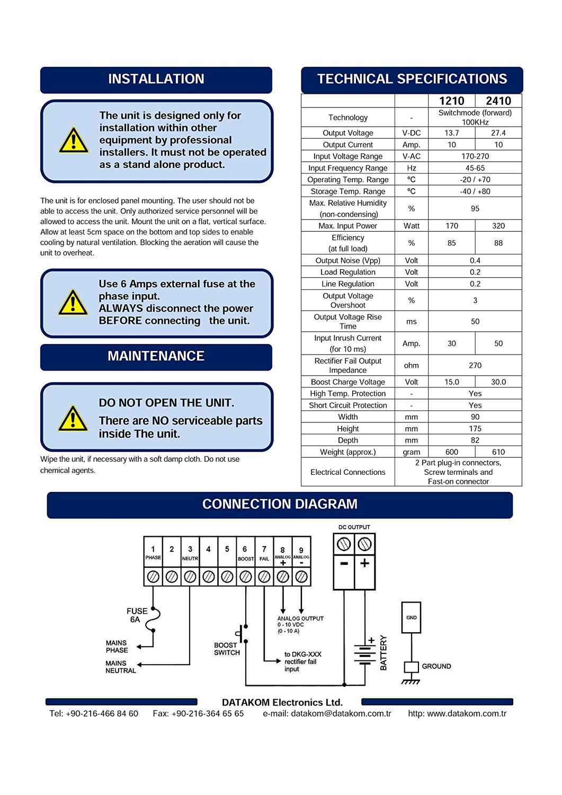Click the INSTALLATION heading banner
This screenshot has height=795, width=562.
point(156,79)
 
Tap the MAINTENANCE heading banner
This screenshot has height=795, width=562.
point(156,356)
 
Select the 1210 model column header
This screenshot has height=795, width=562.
point(451,101)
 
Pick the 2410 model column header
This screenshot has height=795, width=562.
point(498,101)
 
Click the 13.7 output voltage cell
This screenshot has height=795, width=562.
point(451,133)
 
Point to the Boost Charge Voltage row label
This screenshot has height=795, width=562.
point(347,382)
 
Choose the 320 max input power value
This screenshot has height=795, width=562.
point(498,226)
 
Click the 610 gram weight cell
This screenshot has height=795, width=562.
point(498,452)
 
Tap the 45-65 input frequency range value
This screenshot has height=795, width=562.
point(475,168)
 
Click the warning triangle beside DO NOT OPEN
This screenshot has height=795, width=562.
point(73,418)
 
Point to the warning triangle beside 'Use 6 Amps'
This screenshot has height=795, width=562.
point(73,303)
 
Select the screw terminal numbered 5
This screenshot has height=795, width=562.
point(227,576)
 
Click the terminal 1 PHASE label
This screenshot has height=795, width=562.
point(153,552)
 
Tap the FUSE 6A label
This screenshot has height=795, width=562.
point(137,615)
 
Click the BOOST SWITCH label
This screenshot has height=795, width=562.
point(227,649)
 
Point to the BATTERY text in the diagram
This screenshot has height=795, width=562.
point(384,653)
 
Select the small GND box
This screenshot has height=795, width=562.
point(412,617)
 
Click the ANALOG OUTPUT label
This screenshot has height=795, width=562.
point(300,619)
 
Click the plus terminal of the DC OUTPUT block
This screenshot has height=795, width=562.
point(364,563)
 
